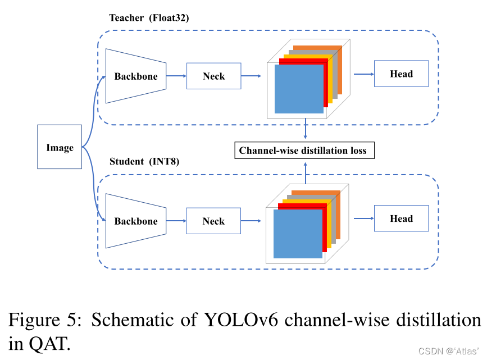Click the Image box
click(x=60, y=147)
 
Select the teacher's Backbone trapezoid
click(x=136, y=76)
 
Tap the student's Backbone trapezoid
click(x=136, y=221)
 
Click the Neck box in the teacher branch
click(x=213, y=76)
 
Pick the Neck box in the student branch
click(x=213, y=221)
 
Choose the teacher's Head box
click(x=401, y=74)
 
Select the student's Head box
click(x=401, y=218)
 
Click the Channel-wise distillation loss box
click(x=303, y=150)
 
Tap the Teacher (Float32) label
click(x=149, y=17)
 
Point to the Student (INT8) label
click(x=144, y=162)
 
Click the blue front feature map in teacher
click(x=299, y=89)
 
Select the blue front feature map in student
click(x=298, y=234)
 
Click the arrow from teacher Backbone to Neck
click(x=176, y=76)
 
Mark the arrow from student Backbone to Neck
click(x=176, y=221)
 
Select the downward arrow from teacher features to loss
click(x=305, y=128)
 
